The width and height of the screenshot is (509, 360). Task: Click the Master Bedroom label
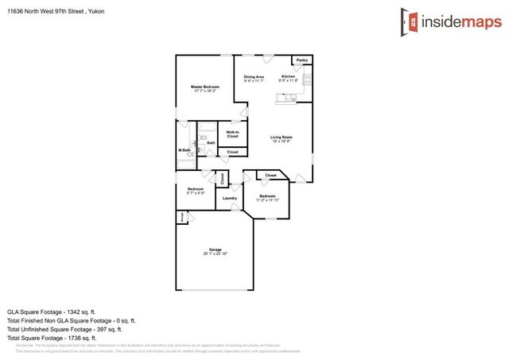204,86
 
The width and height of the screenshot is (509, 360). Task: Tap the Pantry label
302,60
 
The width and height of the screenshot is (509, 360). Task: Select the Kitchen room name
288,76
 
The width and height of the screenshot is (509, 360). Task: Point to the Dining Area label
254,76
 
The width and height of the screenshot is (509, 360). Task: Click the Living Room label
282,137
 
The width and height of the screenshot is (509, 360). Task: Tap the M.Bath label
184,150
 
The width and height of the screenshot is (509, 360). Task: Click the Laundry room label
230,198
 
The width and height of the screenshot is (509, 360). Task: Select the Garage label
215,249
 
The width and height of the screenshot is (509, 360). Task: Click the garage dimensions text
215,254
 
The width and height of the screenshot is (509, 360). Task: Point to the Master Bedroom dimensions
204,91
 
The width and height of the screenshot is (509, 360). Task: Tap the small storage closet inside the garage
181,215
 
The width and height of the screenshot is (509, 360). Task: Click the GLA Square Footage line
52,312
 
